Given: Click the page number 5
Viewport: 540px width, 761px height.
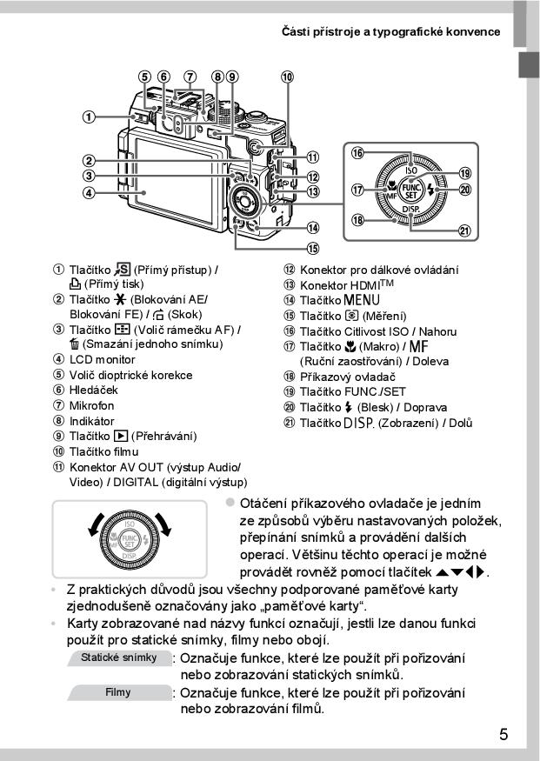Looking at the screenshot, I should (504, 734).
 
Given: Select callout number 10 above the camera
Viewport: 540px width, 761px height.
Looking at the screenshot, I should (287, 76).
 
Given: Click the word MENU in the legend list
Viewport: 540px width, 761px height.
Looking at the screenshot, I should (356, 301).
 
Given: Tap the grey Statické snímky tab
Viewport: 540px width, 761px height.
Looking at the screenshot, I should (119, 658).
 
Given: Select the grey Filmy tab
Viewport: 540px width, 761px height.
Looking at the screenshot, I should (119, 692).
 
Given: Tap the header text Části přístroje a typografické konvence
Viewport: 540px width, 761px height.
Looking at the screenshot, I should (391, 31).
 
